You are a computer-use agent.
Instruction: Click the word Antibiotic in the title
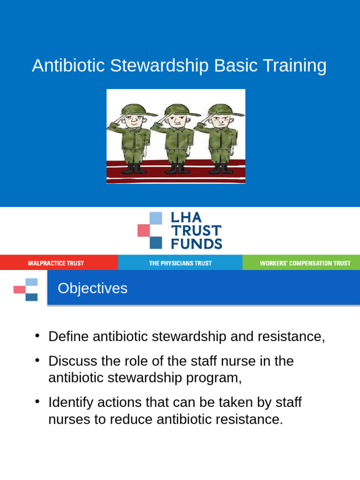tap(68, 66)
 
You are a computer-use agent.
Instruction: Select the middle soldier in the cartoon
tap(176, 136)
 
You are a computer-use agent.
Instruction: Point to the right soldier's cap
tap(223, 111)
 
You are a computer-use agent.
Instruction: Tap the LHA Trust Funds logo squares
tap(150, 230)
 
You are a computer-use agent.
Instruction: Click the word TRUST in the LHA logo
tap(196, 231)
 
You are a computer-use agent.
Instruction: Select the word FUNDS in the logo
tap(196, 244)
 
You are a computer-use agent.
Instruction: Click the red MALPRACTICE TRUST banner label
tap(56, 263)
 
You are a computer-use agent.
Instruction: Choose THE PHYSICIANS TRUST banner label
tap(180, 263)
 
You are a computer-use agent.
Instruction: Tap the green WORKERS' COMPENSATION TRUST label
tap(305, 263)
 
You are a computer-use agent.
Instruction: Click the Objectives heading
tap(92, 288)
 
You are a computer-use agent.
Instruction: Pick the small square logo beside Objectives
tap(25, 289)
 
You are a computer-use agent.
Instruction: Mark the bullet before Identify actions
tap(37, 403)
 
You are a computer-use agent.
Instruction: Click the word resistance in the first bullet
tap(288, 337)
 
